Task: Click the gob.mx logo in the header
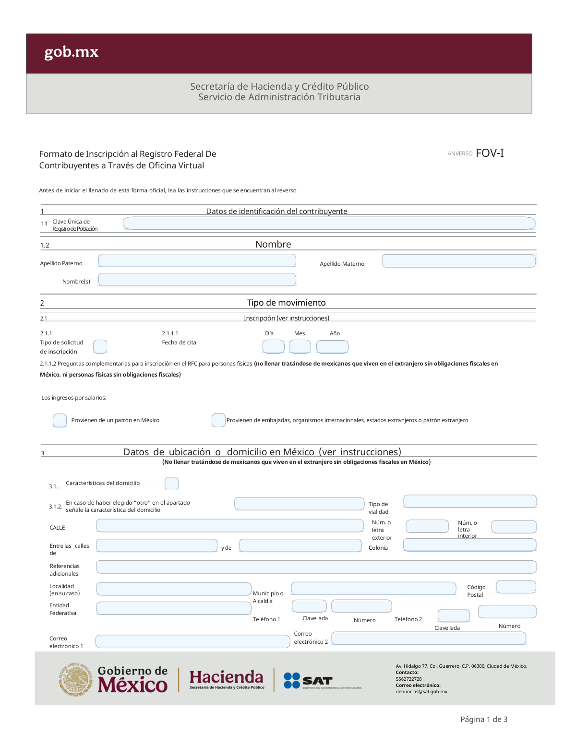click(72, 52)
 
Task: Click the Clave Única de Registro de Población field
click(329, 223)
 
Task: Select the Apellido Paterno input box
click(197, 260)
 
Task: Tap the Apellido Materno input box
click(458, 260)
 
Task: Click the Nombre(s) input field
click(197, 280)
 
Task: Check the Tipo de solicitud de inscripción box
click(100, 346)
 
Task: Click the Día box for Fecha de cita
click(274, 346)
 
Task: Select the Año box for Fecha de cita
click(332, 346)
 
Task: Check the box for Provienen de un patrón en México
click(60, 420)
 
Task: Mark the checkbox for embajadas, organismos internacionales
click(218, 420)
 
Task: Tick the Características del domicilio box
click(171, 484)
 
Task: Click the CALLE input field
click(229, 526)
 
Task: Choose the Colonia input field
click(469, 545)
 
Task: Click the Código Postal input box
click(516, 587)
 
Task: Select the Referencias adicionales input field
click(316, 567)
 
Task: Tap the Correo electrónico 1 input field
click(192, 641)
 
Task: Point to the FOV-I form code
click(490, 153)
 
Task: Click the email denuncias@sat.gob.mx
click(421, 692)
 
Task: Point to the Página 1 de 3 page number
click(484, 719)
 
